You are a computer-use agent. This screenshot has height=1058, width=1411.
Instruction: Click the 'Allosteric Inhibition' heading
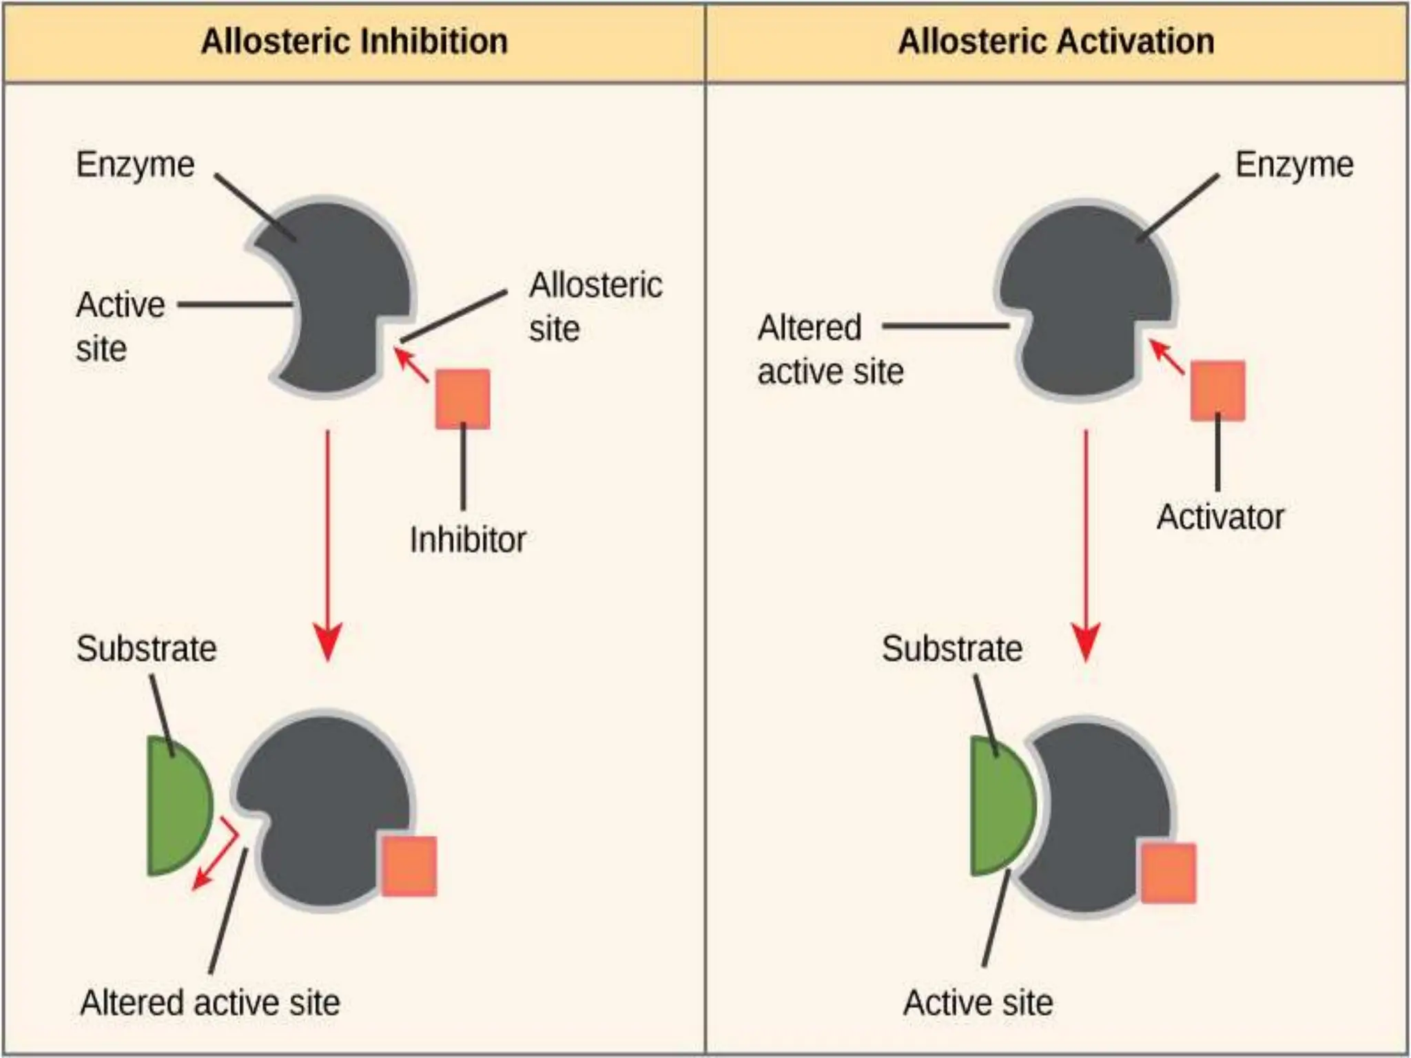pyautogui.click(x=354, y=41)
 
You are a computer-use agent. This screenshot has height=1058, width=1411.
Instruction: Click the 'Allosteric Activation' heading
pyautogui.click(x=1055, y=41)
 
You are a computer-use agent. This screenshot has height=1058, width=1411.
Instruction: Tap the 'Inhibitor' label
pyautogui.click(x=467, y=539)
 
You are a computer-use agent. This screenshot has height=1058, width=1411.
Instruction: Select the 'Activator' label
pyautogui.click(x=1220, y=517)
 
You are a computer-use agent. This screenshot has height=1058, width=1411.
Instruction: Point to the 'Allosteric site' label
pyautogui.click(x=595, y=307)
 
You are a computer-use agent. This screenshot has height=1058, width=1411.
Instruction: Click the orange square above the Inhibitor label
pyautogui.click(x=463, y=399)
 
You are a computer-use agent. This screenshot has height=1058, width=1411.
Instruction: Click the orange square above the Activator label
pyautogui.click(x=1217, y=391)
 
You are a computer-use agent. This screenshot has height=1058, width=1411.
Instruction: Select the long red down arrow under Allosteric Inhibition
pyautogui.click(x=328, y=544)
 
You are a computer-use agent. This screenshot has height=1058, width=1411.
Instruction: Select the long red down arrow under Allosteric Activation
pyautogui.click(x=1086, y=544)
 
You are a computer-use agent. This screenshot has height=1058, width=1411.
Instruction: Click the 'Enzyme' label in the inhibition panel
pyautogui.click(x=135, y=165)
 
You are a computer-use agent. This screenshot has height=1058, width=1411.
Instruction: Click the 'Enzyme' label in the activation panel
pyautogui.click(x=1294, y=165)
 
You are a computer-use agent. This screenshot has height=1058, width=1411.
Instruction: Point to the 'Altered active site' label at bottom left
pyautogui.click(x=210, y=1002)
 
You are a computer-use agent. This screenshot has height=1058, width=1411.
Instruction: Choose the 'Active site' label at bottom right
pyautogui.click(x=978, y=1002)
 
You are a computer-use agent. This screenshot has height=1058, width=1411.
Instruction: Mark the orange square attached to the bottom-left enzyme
pyautogui.click(x=409, y=866)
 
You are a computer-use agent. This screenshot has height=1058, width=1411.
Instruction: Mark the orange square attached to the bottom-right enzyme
pyautogui.click(x=1168, y=873)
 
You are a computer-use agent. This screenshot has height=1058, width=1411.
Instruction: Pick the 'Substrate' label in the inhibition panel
pyautogui.click(x=146, y=648)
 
